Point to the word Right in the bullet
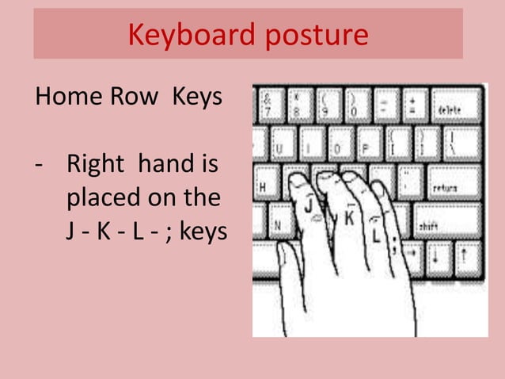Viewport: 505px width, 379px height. point(95,166)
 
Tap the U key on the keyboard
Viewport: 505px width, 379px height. point(282,145)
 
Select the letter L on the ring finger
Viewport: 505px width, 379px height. point(375,235)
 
